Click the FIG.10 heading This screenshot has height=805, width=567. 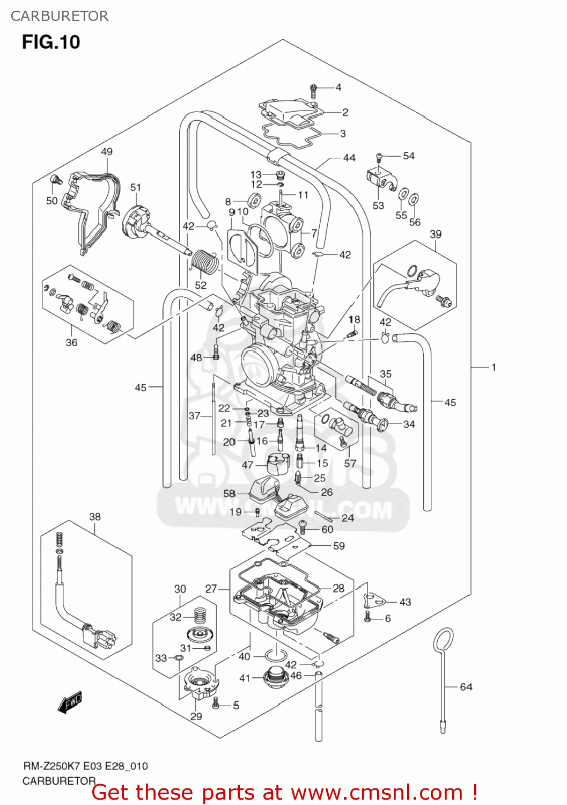[51, 42]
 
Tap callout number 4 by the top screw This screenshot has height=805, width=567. [338, 87]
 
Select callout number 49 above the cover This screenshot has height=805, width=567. [107, 151]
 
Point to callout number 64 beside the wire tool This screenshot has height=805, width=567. [466, 686]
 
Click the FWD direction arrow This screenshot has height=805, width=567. [70, 702]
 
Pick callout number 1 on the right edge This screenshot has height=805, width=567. [494, 367]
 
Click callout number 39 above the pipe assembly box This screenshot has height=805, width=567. [436, 234]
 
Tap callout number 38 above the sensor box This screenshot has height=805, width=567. [95, 516]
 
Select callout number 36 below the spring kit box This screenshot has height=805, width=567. [71, 342]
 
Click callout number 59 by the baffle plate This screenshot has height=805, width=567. [339, 546]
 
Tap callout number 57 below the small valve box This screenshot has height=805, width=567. [350, 463]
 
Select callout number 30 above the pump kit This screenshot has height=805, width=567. [180, 589]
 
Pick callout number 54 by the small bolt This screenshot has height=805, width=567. [409, 156]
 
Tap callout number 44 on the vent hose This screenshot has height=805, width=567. [349, 158]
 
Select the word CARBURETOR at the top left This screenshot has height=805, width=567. [60, 16]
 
